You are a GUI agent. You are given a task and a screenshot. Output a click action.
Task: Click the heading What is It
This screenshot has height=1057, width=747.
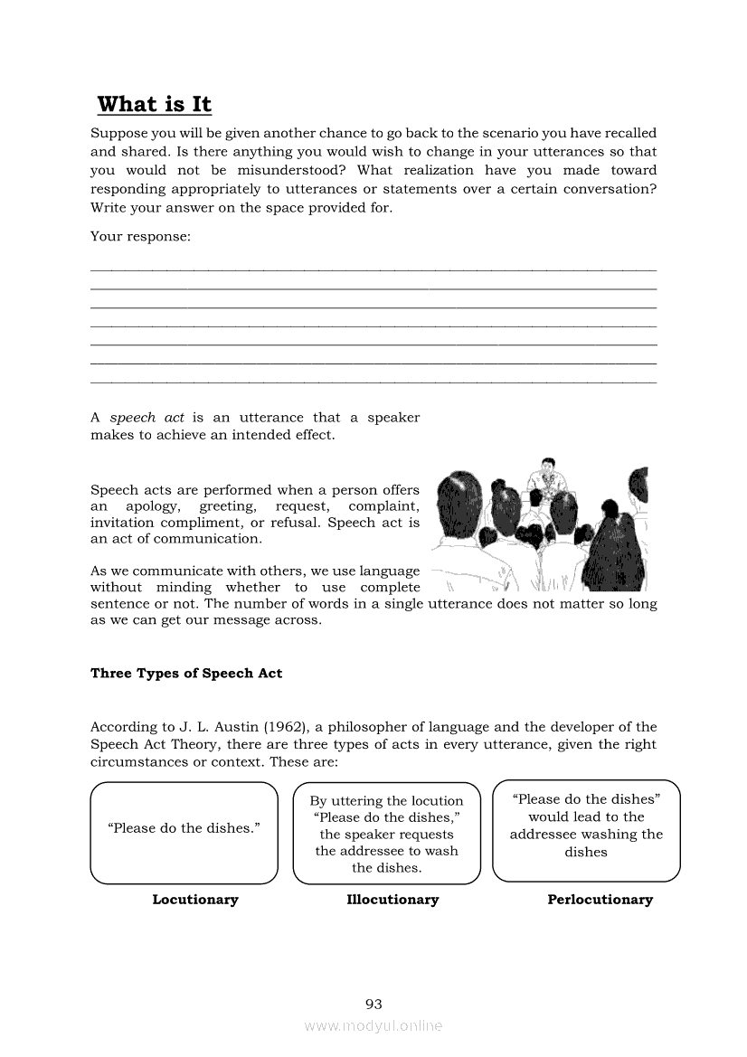tap(154, 105)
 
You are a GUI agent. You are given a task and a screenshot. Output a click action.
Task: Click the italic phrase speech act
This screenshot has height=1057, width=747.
tap(147, 418)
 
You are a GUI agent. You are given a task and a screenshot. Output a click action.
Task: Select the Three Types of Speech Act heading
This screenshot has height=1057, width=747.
tap(186, 674)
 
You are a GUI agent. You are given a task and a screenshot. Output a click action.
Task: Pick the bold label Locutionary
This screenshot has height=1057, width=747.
tap(195, 900)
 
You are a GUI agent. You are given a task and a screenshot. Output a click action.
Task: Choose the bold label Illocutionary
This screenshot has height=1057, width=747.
tap(392, 900)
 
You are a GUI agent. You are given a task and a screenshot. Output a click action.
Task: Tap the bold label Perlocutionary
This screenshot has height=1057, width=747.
tap(600, 900)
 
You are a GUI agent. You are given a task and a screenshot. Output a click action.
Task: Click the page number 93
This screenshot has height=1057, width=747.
tap(373, 1005)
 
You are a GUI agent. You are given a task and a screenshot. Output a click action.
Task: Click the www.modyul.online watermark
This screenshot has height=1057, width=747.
tap(373, 1026)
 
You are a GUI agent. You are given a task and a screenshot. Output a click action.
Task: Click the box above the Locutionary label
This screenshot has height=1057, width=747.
tap(184, 833)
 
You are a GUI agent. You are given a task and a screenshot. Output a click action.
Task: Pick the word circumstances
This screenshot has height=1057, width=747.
tap(135, 762)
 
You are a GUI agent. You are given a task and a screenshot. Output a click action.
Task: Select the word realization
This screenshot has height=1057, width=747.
tap(438, 171)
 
